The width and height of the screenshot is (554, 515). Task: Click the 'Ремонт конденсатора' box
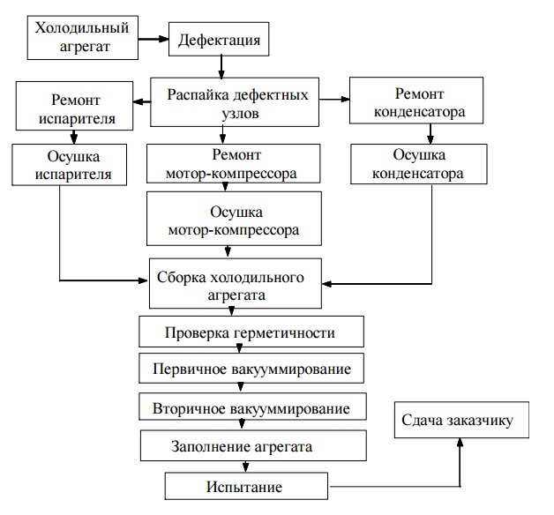coord(415,103)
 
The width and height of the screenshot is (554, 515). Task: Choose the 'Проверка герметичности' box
coord(251,333)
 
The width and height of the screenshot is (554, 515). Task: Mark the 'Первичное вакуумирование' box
coord(251,367)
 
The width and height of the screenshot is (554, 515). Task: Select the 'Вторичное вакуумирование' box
coord(251,408)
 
